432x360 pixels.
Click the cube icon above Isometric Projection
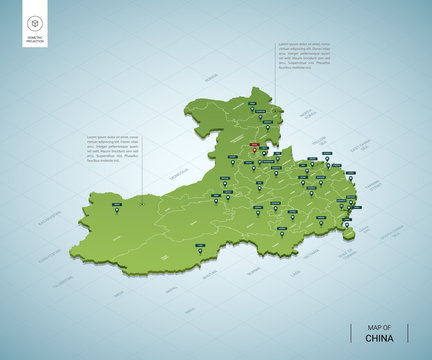[x=35, y=21]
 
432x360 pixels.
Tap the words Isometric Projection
[x=35, y=41]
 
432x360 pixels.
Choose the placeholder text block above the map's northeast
[x=306, y=56]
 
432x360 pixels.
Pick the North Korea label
[x=311, y=121]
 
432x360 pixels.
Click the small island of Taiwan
[x=348, y=235]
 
